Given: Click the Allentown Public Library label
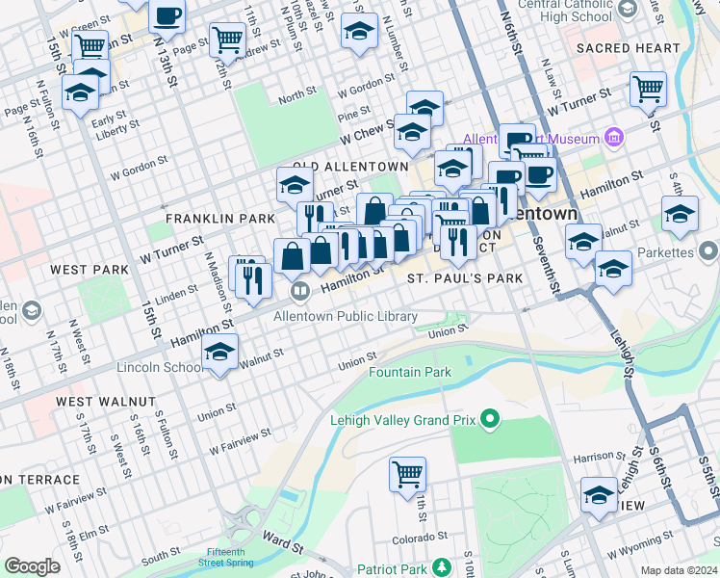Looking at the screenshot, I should [x=346, y=316].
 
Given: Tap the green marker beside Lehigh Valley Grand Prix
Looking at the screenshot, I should [x=491, y=419].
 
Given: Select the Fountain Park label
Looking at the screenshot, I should [x=410, y=372].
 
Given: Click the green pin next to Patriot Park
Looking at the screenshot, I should [x=442, y=568].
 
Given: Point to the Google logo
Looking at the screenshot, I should [x=32, y=566].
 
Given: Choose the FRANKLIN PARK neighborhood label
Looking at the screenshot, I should [x=220, y=219].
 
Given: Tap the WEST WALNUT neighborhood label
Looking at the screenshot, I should [x=105, y=401].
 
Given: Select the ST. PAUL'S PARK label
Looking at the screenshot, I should [x=465, y=278].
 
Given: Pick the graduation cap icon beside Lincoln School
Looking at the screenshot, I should [x=220, y=354].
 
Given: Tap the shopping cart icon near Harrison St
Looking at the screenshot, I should [x=407, y=474].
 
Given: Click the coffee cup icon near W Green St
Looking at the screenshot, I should [x=167, y=16].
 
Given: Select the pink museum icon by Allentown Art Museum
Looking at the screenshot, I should [x=613, y=138].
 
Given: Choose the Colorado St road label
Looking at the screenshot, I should [x=417, y=540].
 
